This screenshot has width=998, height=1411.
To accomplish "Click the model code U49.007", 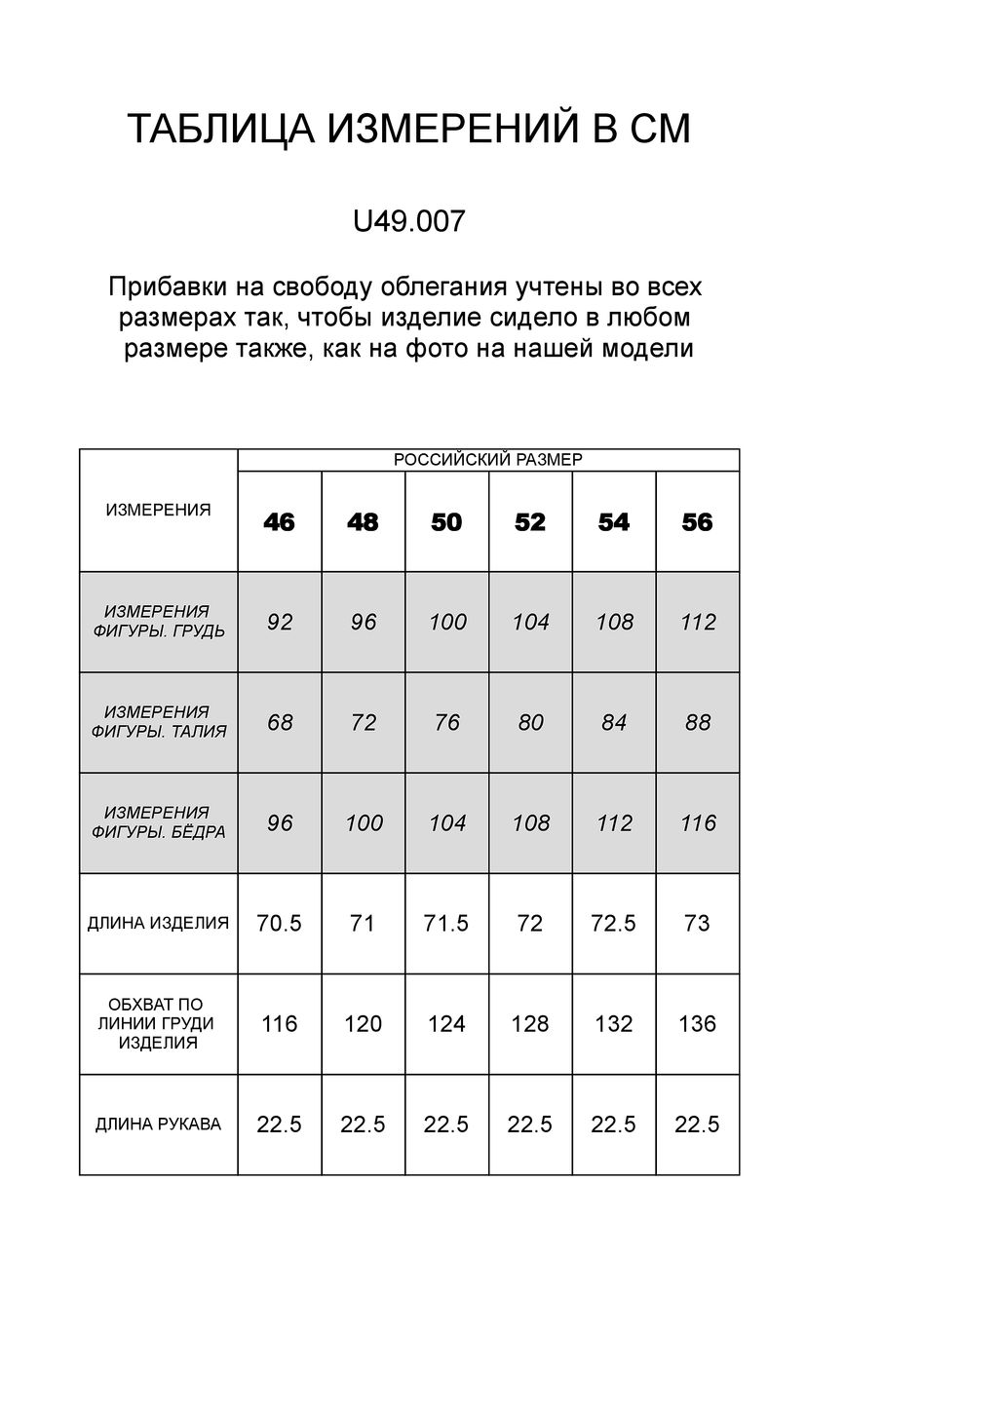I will [x=408, y=222].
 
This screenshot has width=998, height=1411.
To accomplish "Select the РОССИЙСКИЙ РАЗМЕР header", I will [x=487, y=460].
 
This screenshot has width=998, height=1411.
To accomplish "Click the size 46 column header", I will [x=279, y=522].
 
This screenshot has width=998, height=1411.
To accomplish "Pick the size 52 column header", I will [x=530, y=522].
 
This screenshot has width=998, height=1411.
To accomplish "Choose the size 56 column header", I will [x=698, y=522].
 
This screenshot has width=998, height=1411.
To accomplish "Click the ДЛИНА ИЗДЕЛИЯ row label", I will [x=158, y=923].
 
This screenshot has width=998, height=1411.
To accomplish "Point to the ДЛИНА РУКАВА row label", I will [x=158, y=1125].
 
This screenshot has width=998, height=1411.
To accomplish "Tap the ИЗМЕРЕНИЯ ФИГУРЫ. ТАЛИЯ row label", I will [x=158, y=722].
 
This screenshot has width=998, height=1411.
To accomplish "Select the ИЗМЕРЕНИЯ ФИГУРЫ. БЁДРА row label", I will [x=158, y=822].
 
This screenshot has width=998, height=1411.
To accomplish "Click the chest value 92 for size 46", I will [x=280, y=622].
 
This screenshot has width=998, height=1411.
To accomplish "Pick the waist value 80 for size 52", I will [x=531, y=723].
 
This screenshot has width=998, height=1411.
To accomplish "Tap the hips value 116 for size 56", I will [x=699, y=823].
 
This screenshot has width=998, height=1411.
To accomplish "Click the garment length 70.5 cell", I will [x=280, y=923].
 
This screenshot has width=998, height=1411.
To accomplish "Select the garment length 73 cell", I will [x=698, y=923].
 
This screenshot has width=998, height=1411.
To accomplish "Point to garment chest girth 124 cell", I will [x=446, y=1024].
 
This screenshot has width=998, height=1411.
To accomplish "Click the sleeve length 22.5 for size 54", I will [x=614, y=1125].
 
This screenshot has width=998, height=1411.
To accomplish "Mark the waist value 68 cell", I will [x=280, y=723].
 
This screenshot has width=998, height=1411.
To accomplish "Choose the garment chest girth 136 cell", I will [x=698, y=1024].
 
